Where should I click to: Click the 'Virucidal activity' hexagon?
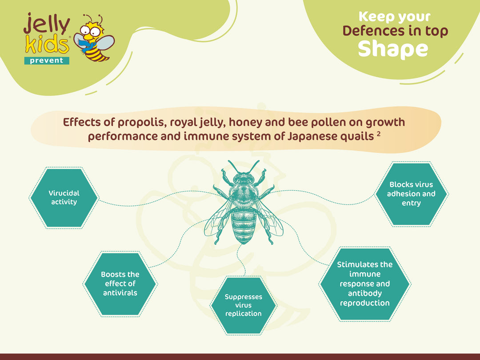[x=64, y=198]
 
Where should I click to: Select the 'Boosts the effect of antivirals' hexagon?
[x=120, y=284]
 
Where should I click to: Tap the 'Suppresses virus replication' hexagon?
[x=244, y=305]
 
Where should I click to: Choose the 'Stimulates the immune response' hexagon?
[x=364, y=284]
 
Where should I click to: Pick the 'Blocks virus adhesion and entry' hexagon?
[x=411, y=194]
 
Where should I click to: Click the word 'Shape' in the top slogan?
[x=393, y=49]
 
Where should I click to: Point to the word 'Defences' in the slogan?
[x=372, y=31]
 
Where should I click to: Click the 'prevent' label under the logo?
[x=47, y=60]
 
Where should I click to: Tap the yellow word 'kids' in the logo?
[x=47, y=44]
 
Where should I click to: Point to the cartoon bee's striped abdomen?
[x=97, y=54]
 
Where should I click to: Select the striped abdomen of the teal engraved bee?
[x=244, y=226]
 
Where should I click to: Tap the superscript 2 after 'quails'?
[x=379, y=133]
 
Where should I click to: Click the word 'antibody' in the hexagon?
[x=365, y=293]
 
